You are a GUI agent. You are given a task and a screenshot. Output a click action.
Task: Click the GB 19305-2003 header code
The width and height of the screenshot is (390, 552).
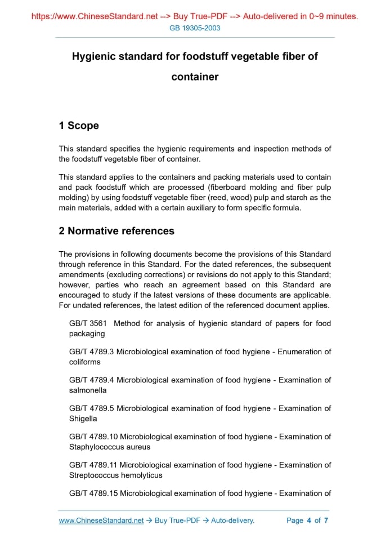[195, 28]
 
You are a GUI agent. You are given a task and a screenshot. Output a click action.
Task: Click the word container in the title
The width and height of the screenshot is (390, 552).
[195, 77]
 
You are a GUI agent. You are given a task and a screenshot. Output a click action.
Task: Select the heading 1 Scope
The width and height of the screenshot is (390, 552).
[79, 126]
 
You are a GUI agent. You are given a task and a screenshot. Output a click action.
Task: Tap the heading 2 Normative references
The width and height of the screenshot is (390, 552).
[116, 231]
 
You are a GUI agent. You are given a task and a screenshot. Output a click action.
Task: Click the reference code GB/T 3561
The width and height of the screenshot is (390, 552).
[89, 323]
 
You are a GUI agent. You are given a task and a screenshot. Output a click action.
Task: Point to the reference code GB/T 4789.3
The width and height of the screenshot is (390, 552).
[92, 351]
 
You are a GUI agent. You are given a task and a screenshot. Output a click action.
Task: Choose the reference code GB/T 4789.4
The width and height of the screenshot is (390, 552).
[92, 380]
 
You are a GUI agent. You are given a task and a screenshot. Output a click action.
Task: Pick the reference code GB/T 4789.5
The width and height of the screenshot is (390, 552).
[92, 408]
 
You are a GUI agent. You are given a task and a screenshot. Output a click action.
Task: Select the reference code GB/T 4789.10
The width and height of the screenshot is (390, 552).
[93, 437]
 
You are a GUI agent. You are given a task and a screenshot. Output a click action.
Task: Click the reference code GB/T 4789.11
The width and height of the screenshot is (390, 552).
[93, 465]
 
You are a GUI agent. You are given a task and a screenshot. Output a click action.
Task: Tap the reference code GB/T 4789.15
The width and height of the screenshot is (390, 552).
[93, 493]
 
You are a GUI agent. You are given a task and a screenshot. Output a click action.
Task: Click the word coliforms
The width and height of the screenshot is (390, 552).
[85, 362]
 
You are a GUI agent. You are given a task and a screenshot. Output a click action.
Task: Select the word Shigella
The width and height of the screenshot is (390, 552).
[83, 419]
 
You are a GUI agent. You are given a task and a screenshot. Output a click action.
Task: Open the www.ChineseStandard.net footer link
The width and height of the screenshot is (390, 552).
[101, 520]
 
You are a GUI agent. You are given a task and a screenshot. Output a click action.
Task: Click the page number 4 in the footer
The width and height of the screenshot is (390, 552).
[309, 520]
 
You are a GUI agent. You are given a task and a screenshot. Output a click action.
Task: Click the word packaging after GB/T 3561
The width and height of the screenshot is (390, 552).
[87, 333]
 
